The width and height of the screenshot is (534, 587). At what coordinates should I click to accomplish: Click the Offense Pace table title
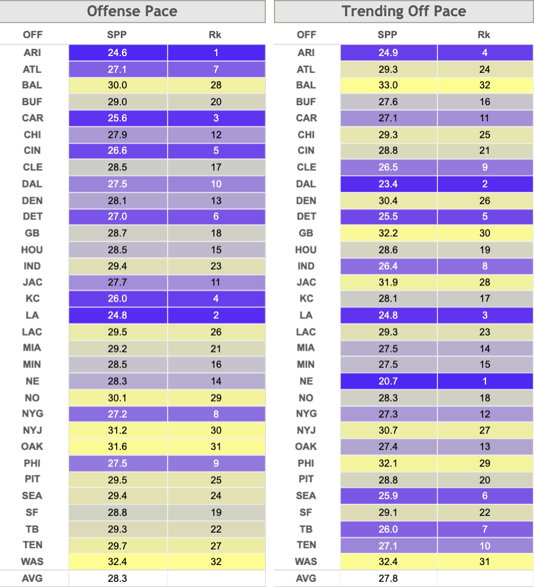pyautogui.click(x=132, y=11)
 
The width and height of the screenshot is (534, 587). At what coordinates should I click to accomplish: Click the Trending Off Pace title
pyautogui.click(x=404, y=11)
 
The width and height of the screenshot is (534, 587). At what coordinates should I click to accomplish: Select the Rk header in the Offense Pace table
pyautogui.click(x=215, y=35)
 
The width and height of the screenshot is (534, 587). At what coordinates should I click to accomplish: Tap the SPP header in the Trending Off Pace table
pyautogui.click(x=387, y=35)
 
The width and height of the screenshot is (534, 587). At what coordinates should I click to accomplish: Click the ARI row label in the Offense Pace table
pyautogui.click(x=32, y=53)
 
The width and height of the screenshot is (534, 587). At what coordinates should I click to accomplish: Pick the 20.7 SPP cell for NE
pyautogui.click(x=388, y=381)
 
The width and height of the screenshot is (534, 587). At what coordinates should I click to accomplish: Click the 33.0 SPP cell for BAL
pyautogui.click(x=388, y=85)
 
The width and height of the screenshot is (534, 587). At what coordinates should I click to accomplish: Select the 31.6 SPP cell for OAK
pyautogui.click(x=117, y=447)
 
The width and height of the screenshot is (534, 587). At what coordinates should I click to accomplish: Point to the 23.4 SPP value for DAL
pyautogui.click(x=388, y=184)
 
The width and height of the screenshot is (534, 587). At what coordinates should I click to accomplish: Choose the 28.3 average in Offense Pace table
pyautogui.click(x=117, y=578)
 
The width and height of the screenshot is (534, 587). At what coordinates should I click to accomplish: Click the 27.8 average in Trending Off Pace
pyautogui.click(x=388, y=578)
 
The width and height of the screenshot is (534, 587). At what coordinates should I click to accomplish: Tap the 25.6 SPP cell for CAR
pyautogui.click(x=117, y=118)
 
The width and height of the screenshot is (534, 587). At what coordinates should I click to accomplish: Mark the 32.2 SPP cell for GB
pyautogui.click(x=388, y=233)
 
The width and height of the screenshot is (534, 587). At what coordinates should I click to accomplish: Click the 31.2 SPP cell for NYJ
pyautogui.click(x=117, y=430)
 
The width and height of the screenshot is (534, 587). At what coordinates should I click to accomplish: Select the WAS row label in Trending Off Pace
pyautogui.click(x=306, y=562)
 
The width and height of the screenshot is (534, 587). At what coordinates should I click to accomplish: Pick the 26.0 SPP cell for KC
pyautogui.click(x=117, y=298)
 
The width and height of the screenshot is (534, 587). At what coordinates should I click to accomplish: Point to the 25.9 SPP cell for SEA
pyautogui.click(x=388, y=496)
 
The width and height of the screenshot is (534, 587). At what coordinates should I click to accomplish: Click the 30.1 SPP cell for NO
pyautogui.click(x=117, y=397)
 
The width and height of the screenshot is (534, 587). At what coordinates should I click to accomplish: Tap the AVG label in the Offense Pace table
pyautogui.click(x=32, y=578)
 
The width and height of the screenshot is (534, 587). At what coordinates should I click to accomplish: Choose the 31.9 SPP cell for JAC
pyautogui.click(x=388, y=283)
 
